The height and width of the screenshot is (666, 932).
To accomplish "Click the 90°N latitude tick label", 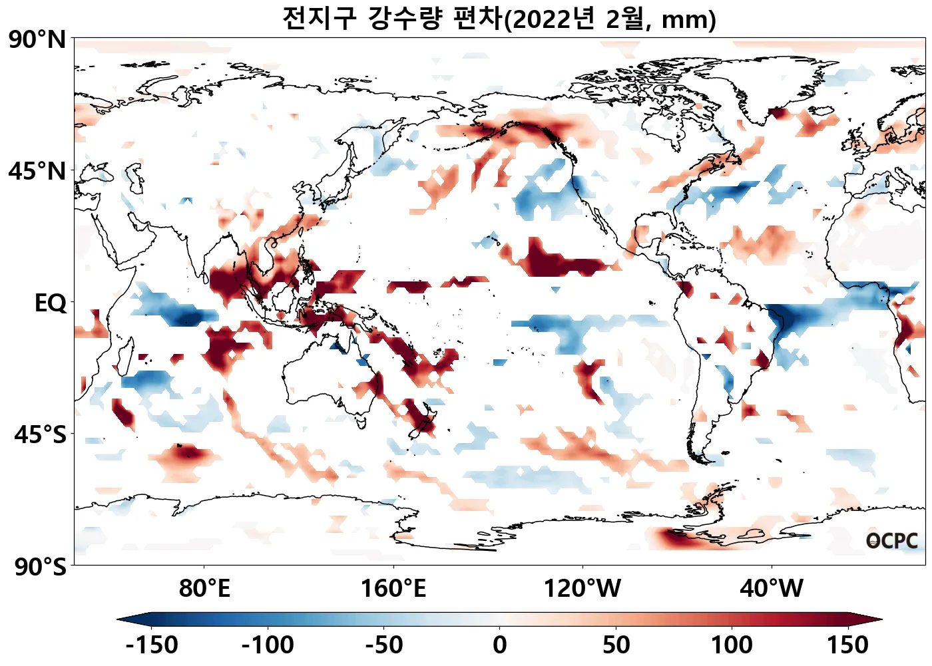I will tap(38, 40).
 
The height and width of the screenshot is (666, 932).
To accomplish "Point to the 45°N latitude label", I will tap(38, 171).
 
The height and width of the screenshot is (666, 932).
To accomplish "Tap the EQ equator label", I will tap(51, 303).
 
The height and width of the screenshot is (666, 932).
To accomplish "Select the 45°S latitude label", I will tap(41, 434).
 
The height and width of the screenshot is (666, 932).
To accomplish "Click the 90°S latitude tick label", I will tap(41, 567).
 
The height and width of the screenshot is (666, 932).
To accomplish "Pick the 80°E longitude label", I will tap(204, 589).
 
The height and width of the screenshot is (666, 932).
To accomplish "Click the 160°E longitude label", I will tap(393, 589).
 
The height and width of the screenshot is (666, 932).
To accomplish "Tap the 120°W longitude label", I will tap(582, 589).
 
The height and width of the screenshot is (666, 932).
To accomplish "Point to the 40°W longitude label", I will tap(772, 589).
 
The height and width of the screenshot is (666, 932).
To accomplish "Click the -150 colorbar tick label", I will tap(151, 645).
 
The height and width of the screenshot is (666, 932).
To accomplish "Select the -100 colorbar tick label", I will tap(268, 645).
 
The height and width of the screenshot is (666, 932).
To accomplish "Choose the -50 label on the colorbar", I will tap(384, 645).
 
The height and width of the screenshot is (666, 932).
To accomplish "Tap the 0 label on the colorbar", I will tap(500, 645).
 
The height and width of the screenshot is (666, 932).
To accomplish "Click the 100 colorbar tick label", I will tap(732, 645).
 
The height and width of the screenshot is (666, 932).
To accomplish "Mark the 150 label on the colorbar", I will tap(848, 645).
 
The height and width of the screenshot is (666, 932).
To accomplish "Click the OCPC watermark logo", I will tap(892, 541).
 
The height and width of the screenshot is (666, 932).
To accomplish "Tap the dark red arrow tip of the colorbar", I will tap(872, 619).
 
